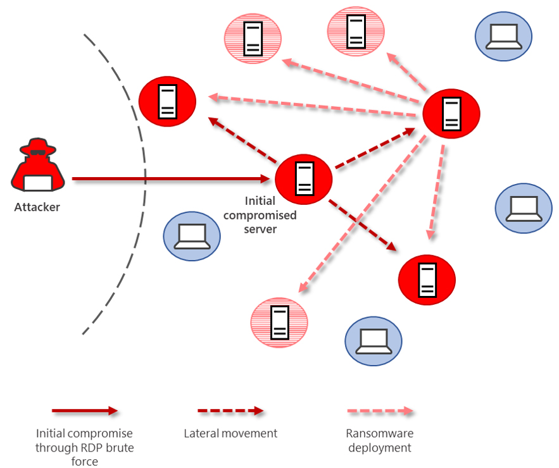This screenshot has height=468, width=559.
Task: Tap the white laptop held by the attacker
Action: [x=38, y=183]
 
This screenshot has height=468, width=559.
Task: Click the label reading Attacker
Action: [x=37, y=207]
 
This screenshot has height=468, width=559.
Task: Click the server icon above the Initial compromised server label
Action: [x=304, y=179]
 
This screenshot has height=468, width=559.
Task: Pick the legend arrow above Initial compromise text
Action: [x=85, y=411]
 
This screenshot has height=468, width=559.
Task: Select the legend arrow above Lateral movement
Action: [x=230, y=411]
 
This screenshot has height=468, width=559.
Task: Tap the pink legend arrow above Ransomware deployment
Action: [x=380, y=411]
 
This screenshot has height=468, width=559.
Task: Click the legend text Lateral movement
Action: [x=230, y=434]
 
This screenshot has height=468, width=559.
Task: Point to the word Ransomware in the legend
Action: [x=379, y=434]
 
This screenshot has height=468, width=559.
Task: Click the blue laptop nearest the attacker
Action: [x=192, y=236]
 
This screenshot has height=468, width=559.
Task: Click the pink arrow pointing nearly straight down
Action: [x=436, y=193]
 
